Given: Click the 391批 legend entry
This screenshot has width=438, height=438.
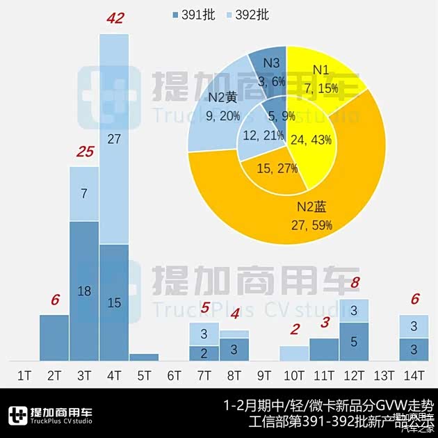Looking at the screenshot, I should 198,15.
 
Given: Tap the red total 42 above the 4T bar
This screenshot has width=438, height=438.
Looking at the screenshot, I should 114,18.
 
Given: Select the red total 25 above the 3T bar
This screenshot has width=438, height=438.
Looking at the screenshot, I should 83,152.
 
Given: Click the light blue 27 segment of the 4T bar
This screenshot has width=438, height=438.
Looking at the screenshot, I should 114,139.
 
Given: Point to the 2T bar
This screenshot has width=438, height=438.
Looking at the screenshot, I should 54,338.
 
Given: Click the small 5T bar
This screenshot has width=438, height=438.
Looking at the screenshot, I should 144,357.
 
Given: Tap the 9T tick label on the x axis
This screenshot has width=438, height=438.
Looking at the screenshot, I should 264,376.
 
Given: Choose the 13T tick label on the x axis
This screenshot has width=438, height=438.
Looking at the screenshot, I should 384,376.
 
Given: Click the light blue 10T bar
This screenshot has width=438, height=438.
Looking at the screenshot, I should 294,353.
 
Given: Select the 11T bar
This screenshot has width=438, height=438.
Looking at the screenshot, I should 324,349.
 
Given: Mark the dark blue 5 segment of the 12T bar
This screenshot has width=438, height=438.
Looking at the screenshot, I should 354,341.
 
